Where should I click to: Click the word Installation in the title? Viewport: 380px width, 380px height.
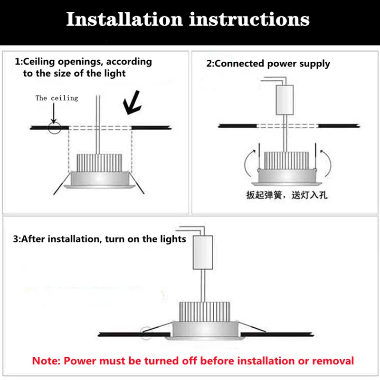click(x=124, y=19)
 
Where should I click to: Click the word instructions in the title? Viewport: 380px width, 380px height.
click(x=249, y=19)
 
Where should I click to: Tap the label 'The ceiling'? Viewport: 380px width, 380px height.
click(x=57, y=98)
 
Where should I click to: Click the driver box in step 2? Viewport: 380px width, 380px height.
click(x=285, y=100)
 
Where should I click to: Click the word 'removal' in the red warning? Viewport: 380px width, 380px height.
click(x=332, y=361)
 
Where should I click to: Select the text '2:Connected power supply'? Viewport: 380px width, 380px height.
click(x=267, y=64)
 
